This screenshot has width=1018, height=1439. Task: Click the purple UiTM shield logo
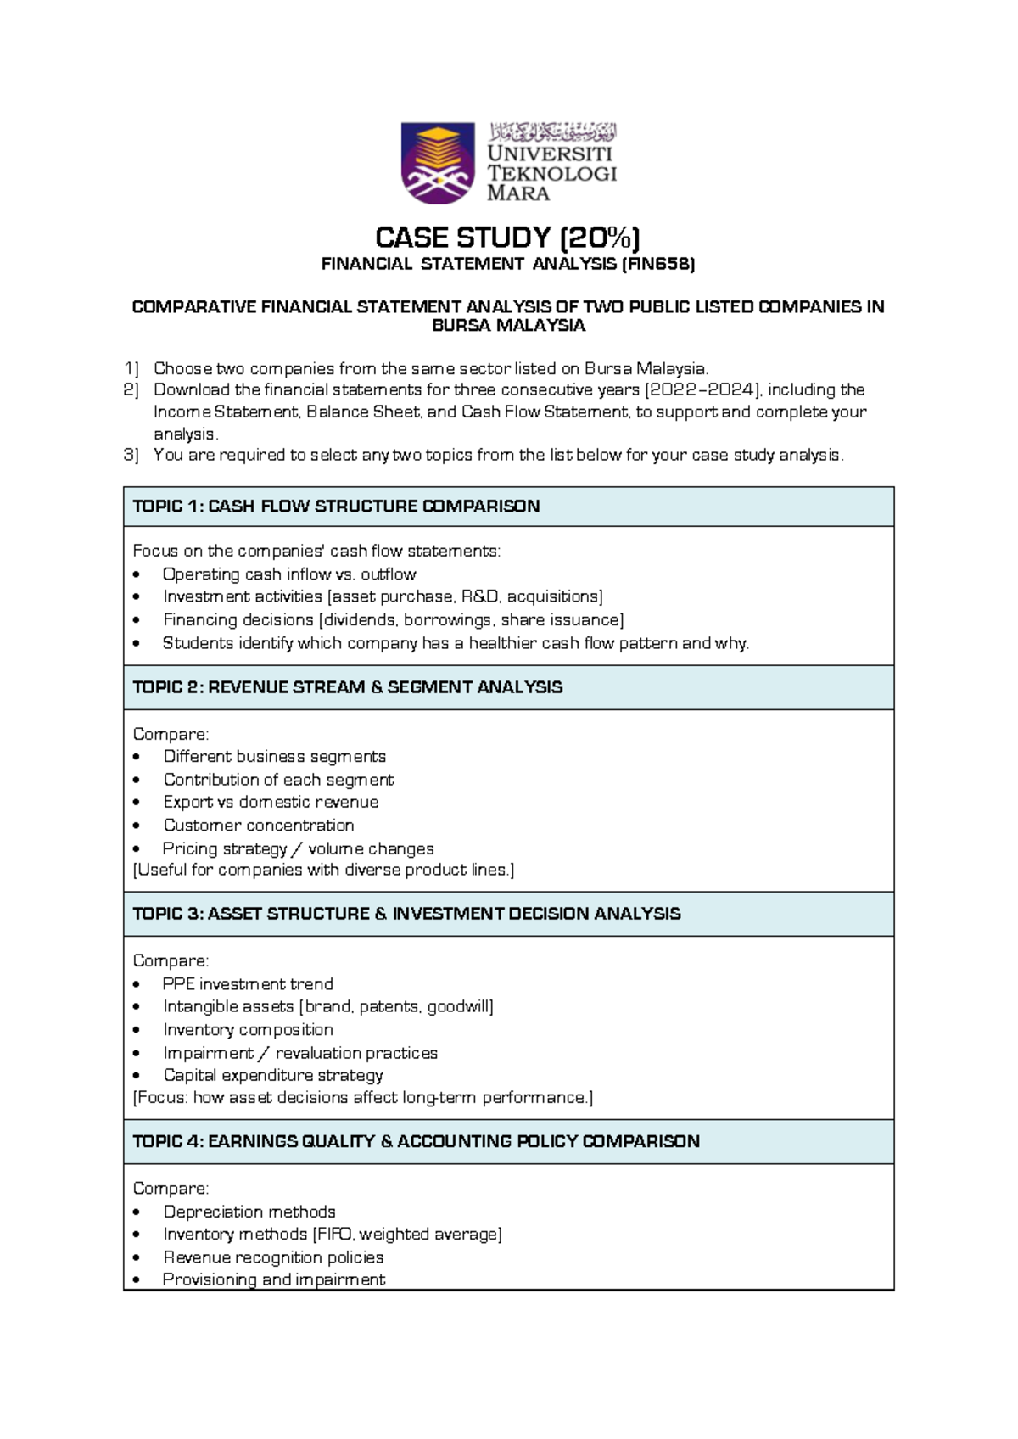437,163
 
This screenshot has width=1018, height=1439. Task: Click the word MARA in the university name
518,193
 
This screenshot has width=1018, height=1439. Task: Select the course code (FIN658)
658,264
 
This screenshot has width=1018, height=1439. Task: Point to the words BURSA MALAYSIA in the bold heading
508,326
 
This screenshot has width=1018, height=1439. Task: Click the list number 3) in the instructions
131,455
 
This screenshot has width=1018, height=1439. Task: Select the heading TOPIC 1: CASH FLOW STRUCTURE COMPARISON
336,507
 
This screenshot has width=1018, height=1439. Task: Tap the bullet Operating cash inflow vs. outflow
289,574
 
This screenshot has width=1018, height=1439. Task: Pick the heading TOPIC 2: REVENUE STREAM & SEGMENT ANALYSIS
347,687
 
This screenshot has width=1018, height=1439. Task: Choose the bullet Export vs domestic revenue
271,802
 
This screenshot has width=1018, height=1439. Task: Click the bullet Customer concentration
259,825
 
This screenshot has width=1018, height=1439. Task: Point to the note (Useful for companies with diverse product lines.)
324,870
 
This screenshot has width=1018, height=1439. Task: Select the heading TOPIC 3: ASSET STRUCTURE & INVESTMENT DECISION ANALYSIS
406,914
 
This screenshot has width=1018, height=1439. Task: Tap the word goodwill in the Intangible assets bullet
459,1006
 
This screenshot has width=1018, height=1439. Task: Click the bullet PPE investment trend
248,984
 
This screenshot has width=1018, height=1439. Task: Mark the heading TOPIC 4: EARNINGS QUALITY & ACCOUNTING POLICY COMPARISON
416,1141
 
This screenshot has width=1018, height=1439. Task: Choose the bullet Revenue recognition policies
273,1257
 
